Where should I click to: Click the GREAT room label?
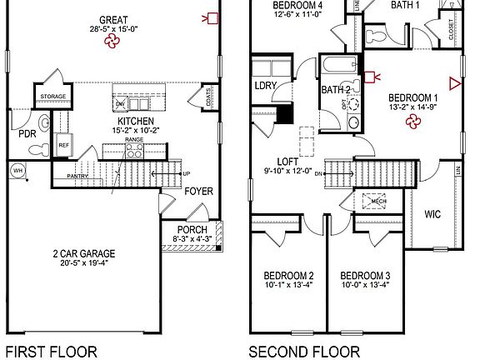pyautogui.click(x=112, y=19)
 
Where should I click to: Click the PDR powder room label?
pyautogui.click(x=27, y=133)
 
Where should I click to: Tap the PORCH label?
pyautogui.click(x=192, y=230)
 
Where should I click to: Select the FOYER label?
pyautogui.click(x=198, y=191)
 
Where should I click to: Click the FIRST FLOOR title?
pyautogui.click(x=51, y=351)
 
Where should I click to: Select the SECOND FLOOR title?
pyautogui.click(x=304, y=351)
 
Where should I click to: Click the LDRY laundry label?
pyautogui.click(x=266, y=86)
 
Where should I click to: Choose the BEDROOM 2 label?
pyautogui.click(x=288, y=277)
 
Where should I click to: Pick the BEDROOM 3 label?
pyautogui.click(x=365, y=277)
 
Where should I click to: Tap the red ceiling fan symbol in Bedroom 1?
pyautogui.click(x=412, y=122)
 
